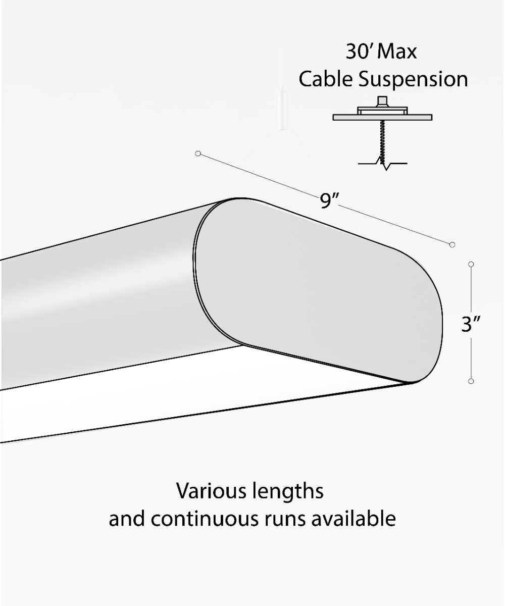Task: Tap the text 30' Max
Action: click(382, 52)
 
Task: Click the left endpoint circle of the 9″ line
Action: click(198, 153)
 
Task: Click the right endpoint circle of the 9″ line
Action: click(452, 244)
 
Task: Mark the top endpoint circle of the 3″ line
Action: click(471, 264)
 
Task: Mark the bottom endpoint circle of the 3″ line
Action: click(471, 381)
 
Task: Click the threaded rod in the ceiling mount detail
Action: click(382, 141)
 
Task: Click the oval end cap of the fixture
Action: click(318, 290)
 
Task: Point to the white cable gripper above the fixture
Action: click(281, 111)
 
